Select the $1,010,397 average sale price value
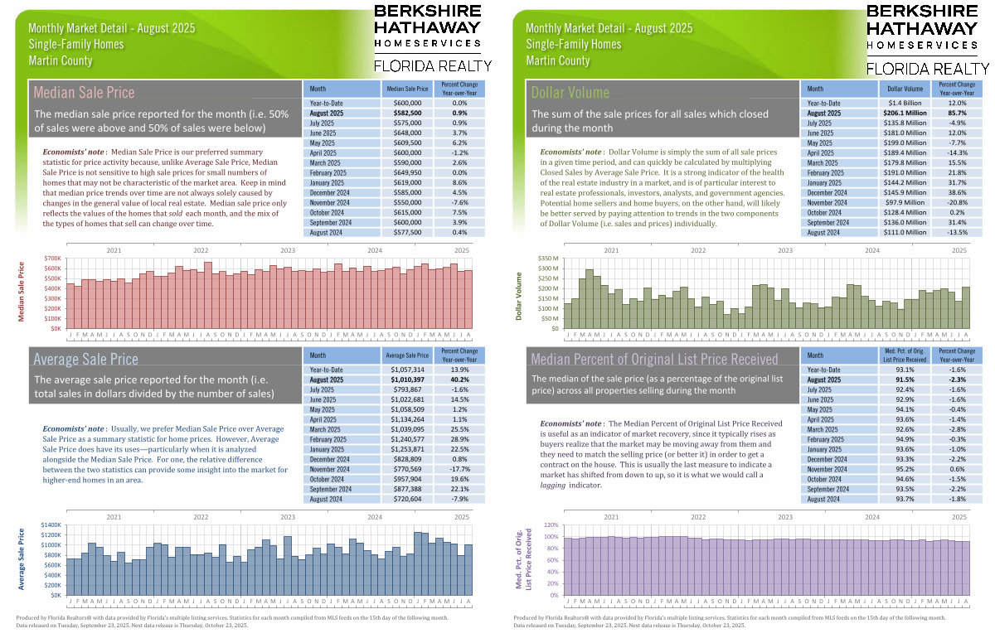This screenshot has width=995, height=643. coord(407,380)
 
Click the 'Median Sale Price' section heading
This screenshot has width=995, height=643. coord(83,93)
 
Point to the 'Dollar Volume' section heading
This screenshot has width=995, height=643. coord(570,93)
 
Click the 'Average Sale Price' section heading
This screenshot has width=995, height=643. coord(85,360)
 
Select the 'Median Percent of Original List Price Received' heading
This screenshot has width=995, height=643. coord(654,360)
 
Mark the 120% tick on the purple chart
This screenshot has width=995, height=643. coord(551,525)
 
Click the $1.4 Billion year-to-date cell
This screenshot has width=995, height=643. coord(905,102)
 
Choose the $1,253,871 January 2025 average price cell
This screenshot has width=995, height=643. coord(407,450)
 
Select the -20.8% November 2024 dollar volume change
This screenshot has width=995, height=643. coord(959,202)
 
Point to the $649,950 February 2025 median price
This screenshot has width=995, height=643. coord(407,172)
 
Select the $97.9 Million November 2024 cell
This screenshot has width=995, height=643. coord(905,202)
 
